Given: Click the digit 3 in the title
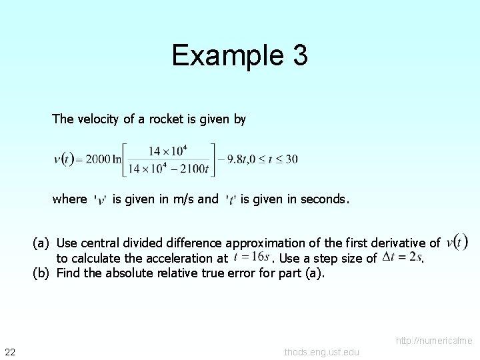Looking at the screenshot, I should click(299, 55).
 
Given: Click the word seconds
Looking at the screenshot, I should click(323, 199).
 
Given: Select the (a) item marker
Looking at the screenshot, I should click(41, 243).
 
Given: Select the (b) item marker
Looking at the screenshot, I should click(41, 273).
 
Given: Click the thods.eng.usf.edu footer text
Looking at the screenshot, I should click(321, 352).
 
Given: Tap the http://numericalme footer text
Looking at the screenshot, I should click(434, 341).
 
